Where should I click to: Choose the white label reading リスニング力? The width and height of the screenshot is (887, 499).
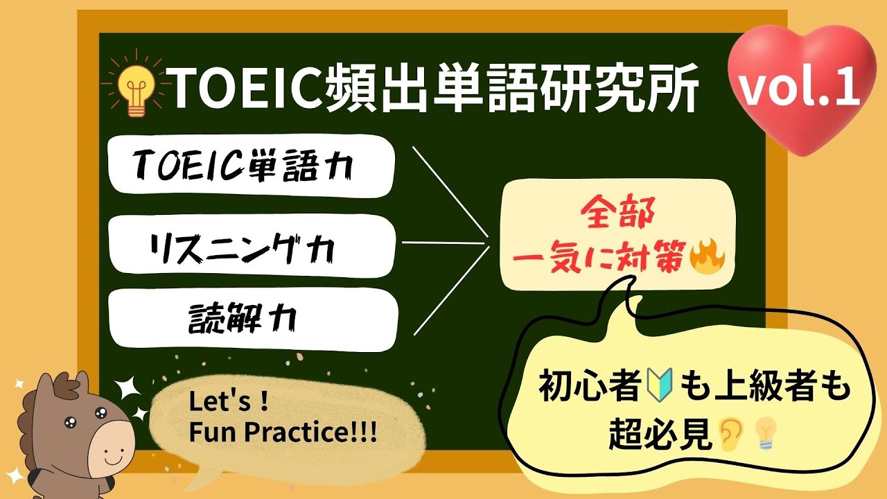(252, 245)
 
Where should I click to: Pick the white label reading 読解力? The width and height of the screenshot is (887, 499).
(254, 319)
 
